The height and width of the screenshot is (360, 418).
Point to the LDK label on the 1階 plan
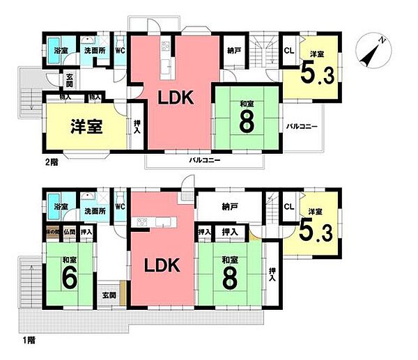[x=162, y=265]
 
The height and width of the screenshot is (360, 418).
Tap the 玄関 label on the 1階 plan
[x=109, y=296]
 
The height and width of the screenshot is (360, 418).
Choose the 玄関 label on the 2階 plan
[x=70, y=81]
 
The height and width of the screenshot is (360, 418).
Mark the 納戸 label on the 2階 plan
[x=235, y=50]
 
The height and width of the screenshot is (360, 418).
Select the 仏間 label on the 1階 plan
[x=69, y=231]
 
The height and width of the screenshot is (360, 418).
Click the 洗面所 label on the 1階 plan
[x=93, y=209]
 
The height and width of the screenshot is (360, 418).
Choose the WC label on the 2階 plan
[x=119, y=50]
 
